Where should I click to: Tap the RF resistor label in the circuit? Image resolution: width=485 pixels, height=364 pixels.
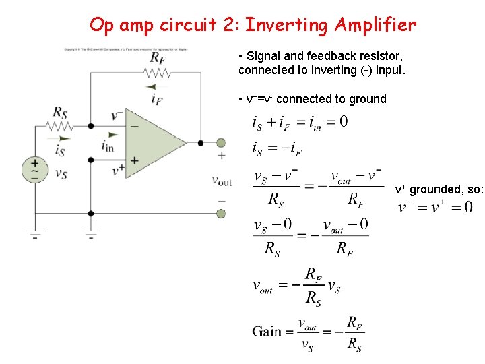(157, 57)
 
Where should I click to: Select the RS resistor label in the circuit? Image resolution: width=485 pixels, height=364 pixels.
(60, 111)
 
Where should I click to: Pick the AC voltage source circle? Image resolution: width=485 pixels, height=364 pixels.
(34, 169)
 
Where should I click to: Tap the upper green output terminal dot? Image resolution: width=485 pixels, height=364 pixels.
(221, 142)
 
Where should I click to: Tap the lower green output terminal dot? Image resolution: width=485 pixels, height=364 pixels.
(221, 213)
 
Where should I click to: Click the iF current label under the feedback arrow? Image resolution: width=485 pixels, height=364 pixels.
(157, 100)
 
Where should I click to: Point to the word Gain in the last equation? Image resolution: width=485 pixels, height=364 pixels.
(267, 331)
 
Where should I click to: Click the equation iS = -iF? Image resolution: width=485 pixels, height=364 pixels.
(277, 148)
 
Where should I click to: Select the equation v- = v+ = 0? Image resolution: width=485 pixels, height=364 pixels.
(435, 206)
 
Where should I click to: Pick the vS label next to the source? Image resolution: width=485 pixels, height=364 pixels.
(61, 174)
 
